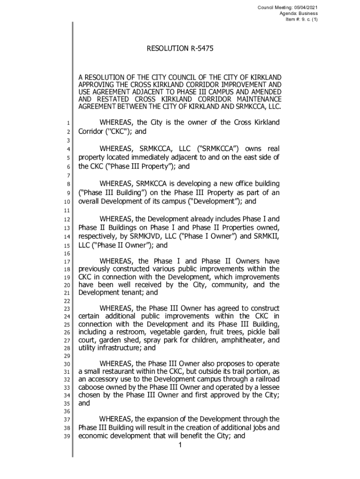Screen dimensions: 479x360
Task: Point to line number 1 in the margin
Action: pyautogui.click(x=68, y=123)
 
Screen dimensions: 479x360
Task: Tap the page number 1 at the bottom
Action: pyautogui.click(x=180, y=444)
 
